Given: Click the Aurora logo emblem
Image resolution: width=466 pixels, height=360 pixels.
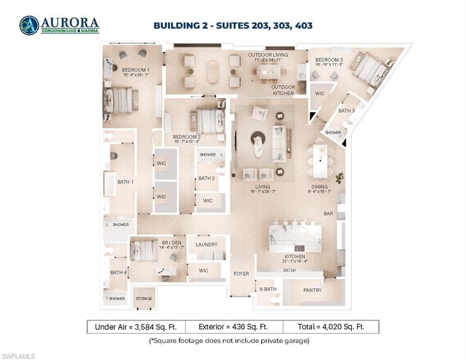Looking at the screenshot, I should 29,25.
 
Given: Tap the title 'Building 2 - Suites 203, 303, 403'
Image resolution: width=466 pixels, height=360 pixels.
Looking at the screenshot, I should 233,25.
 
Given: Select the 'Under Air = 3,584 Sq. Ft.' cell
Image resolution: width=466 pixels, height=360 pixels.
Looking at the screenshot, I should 136,327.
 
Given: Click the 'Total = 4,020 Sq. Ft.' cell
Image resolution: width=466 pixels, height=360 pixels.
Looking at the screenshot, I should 331,327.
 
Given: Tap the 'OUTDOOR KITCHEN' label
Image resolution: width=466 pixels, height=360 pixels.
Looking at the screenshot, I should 283,90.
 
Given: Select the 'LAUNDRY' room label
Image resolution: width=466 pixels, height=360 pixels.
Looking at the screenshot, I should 207,244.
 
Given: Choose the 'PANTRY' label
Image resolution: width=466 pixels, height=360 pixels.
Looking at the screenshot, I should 312,290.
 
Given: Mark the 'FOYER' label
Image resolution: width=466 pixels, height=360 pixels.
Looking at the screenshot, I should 241,273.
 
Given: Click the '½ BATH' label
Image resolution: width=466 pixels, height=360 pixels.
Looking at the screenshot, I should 267,289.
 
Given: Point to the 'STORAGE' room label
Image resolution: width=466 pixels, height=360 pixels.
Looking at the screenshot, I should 144,299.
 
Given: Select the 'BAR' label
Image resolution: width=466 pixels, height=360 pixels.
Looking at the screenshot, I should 328,213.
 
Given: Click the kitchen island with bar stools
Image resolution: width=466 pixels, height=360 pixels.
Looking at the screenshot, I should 295,238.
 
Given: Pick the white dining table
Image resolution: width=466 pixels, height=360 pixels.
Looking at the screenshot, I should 320,160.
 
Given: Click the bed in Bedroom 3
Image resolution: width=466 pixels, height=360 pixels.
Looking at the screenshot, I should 370,69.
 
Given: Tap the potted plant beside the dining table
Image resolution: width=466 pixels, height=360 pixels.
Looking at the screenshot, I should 340,178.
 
